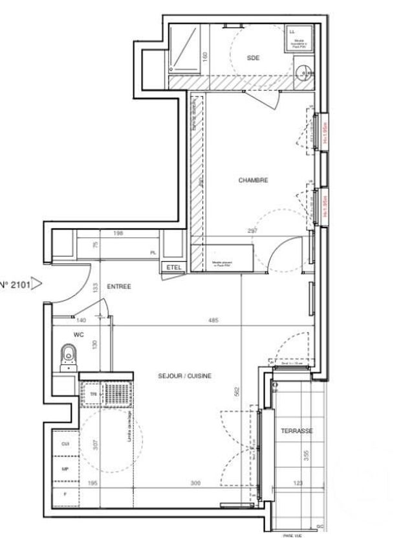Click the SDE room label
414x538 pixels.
tap(253, 58)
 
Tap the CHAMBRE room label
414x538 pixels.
tap(253, 180)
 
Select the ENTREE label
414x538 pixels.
tap(119, 286)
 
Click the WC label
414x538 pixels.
tap(78, 334)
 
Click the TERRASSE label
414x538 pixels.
tap(297, 430)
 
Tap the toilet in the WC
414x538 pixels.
tap(68, 356)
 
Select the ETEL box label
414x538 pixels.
tap(173, 268)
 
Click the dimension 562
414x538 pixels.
tap(238, 391)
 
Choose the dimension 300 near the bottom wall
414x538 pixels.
tap(196, 483)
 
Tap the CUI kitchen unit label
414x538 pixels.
tap(64, 444)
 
